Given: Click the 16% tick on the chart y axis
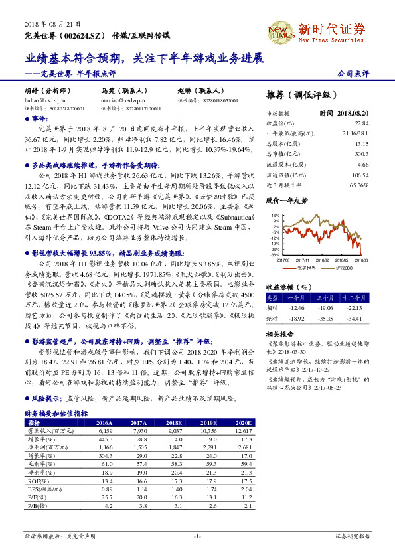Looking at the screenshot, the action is (x=276, y=216).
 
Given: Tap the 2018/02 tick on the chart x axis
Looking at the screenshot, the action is (x=324, y=260).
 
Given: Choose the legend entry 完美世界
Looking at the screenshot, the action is (x=306, y=267).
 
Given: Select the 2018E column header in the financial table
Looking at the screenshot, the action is (x=175, y=422).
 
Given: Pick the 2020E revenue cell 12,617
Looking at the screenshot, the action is (x=242, y=430).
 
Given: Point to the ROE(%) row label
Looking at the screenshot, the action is (x=35, y=480).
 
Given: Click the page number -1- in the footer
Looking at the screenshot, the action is (x=197, y=535).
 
